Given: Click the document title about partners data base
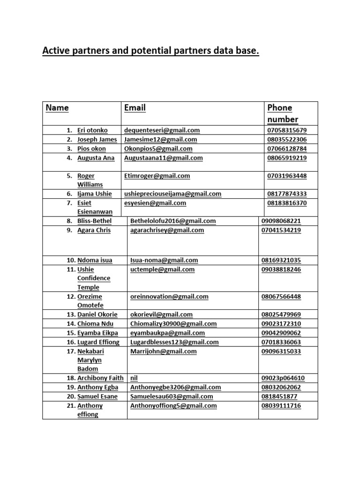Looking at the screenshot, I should [x=150, y=50].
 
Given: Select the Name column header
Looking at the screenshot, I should [x=57, y=108].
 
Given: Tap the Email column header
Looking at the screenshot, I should [x=135, y=108].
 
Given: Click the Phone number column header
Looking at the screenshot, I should [x=283, y=113].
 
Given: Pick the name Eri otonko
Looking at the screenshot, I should [x=92, y=130].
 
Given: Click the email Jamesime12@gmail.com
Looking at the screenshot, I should [x=160, y=139].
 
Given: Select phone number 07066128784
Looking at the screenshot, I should [x=287, y=149].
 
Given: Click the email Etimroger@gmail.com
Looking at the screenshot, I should [x=157, y=176].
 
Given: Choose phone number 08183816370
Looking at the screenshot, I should [x=287, y=203].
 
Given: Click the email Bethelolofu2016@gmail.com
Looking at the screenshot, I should [x=173, y=221].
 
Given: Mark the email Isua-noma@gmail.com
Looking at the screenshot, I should [x=164, y=260].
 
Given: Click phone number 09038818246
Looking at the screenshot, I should [x=281, y=270].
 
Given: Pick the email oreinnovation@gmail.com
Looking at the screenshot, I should [x=169, y=297].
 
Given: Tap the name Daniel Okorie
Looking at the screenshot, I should [x=97, y=315].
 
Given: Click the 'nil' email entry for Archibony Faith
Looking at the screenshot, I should [x=134, y=378].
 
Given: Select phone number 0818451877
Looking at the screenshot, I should [x=279, y=397].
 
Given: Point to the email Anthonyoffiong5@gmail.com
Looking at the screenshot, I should [x=173, y=405].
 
